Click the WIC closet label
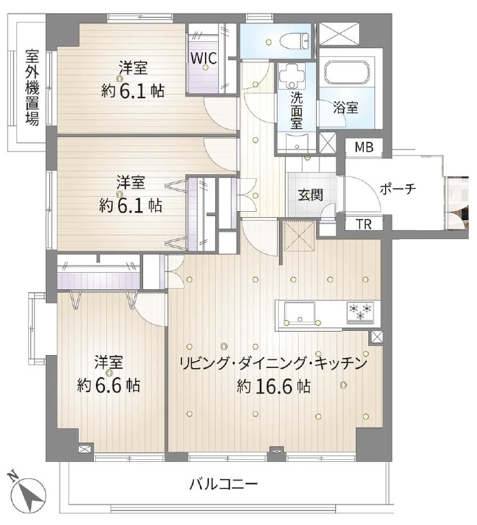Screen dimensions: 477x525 click(x=204, y=58)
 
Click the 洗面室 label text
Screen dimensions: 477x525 click(x=297, y=110)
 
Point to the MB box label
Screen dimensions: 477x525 click(x=364, y=147)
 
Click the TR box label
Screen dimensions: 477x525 click(x=363, y=224)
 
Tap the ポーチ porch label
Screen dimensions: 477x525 click(x=397, y=189)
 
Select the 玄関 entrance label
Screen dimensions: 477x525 click(x=310, y=195)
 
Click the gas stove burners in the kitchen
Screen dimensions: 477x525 click(x=360, y=312)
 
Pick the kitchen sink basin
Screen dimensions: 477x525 click(x=299, y=313)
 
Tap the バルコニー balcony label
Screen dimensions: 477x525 click(x=223, y=485)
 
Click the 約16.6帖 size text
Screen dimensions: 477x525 click(x=274, y=387)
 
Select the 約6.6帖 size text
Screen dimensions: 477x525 click(x=108, y=385)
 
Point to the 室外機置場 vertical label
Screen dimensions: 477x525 click(x=32, y=88)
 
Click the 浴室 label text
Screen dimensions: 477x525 click(x=345, y=108)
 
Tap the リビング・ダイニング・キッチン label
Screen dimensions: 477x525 click(x=274, y=363)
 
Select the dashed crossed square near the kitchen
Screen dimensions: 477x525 click(x=299, y=235)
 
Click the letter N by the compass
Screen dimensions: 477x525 click(x=12, y=476)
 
